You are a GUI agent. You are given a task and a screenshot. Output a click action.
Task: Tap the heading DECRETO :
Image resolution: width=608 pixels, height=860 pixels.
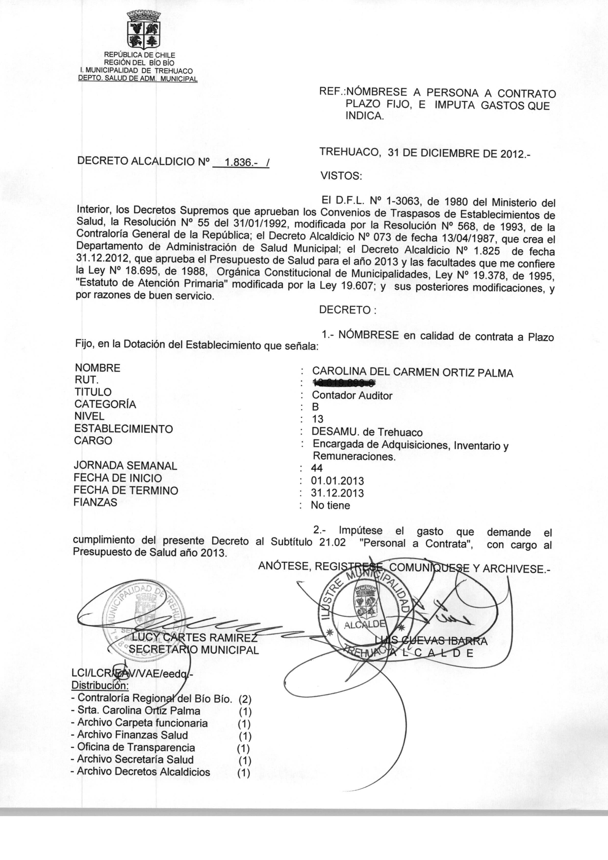pyautogui.click(x=347, y=310)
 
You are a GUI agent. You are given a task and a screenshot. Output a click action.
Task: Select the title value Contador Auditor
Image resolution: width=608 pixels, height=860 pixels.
pyautogui.click(x=352, y=395)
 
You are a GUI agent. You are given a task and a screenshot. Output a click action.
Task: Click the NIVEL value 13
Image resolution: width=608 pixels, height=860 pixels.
pyautogui.click(x=317, y=419)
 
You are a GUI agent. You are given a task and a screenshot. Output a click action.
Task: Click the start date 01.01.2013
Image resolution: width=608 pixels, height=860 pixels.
pyautogui.click(x=337, y=481)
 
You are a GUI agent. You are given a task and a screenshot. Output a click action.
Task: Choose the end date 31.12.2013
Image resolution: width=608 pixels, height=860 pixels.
pyautogui.click(x=337, y=493)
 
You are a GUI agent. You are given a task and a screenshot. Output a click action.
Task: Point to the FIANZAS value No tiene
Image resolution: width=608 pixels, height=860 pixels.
pyautogui.click(x=330, y=505)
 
